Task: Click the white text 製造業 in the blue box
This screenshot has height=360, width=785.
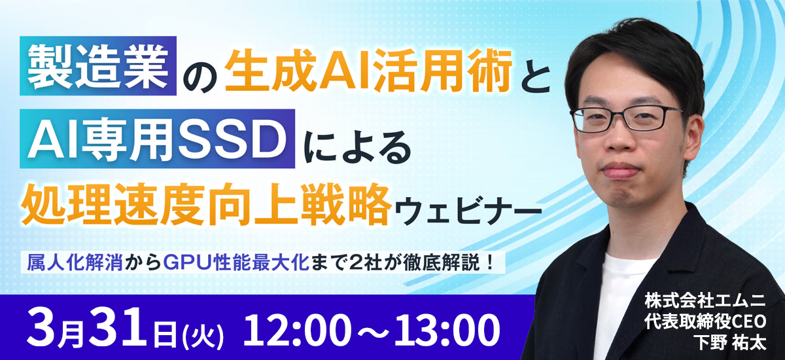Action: (x=98, y=66)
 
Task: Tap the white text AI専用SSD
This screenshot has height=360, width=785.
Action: (x=157, y=139)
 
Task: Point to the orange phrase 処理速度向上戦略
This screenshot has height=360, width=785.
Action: (x=207, y=204)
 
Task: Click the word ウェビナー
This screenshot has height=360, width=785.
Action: (x=468, y=209)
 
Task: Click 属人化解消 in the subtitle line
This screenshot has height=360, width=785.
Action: (x=75, y=263)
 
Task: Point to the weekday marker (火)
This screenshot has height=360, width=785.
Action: (x=203, y=336)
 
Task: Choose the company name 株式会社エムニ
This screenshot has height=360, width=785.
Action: (x=705, y=302)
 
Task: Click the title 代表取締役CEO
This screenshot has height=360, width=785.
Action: (x=705, y=322)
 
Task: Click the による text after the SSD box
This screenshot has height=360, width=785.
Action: (x=357, y=147)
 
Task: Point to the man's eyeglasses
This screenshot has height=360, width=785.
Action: (x=627, y=119)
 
